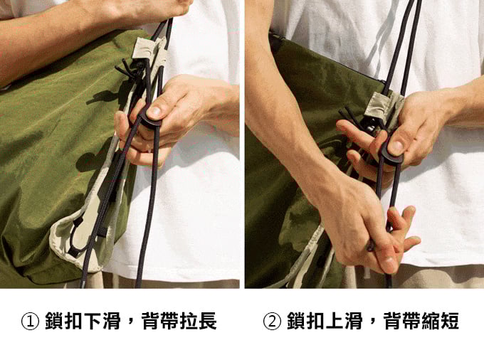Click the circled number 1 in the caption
[30, 321]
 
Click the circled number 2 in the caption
[272, 321]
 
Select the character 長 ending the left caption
[208, 321]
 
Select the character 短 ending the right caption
[450, 321]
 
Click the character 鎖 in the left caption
[53, 321]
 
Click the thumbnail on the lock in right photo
[396, 147]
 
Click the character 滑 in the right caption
[354, 321]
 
